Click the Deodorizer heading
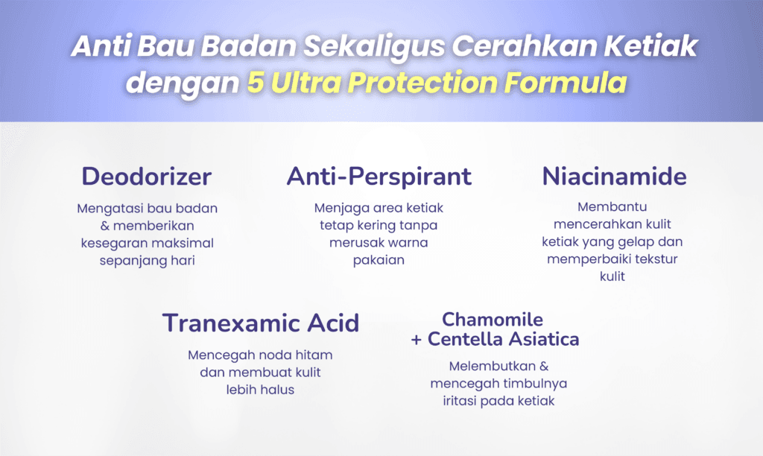coord(147,176)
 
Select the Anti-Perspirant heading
coord(379,177)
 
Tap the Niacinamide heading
coord(614,176)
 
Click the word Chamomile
coord(493,320)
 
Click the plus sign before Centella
coord(416,340)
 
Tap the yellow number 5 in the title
coord(256,82)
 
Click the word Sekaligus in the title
coord(374,47)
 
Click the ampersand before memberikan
coord(105,226)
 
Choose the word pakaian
coord(379,260)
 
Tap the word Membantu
coord(612,207)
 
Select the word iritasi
coord(458,401)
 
